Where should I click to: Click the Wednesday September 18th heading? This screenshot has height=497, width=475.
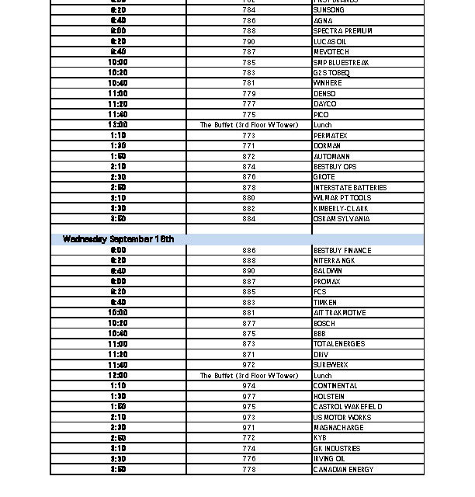[x=118, y=239]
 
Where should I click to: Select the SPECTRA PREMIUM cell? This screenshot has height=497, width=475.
[x=342, y=31]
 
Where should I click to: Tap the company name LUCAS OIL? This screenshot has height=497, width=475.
[x=330, y=41]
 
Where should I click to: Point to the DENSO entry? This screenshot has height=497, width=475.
[x=324, y=94]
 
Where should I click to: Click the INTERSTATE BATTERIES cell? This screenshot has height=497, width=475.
[x=349, y=188]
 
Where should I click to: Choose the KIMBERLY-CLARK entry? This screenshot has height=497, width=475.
[x=341, y=209]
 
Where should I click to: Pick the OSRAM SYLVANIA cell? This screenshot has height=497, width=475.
[x=341, y=219]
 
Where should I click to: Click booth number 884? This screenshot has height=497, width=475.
[x=248, y=219]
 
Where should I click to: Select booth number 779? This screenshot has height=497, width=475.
[x=248, y=94]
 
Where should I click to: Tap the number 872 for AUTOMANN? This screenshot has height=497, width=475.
[x=248, y=156]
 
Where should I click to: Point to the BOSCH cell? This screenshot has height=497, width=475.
[x=324, y=323]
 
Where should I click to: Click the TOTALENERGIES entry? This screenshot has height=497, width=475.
[x=338, y=344]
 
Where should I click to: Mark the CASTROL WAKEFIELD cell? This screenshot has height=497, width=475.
[x=347, y=407]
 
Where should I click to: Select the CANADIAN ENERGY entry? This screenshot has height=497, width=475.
[x=343, y=470]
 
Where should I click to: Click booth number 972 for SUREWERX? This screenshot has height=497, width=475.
[x=248, y=365]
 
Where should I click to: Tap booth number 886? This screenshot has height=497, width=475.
[x=248, y=251]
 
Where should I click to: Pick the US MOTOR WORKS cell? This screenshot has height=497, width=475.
[x=342, y=418]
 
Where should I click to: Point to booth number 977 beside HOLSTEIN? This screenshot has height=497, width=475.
[x=248, y=397]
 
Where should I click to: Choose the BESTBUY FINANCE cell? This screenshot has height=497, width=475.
[x=342, y=251]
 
